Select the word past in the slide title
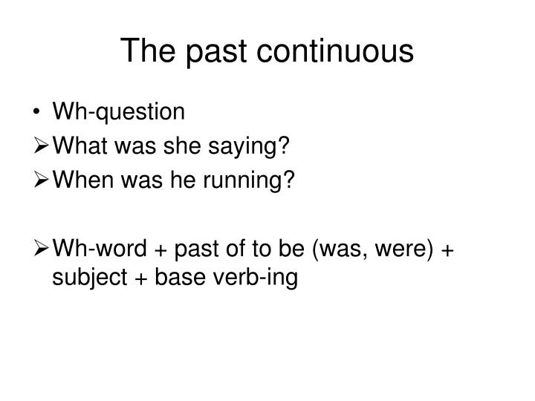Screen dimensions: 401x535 pyautogui.click(x=214, y=50)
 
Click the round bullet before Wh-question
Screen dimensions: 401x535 pyautogui.click(x=38, y=112)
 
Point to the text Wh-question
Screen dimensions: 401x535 pyautogui.click(x=118, y=112)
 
